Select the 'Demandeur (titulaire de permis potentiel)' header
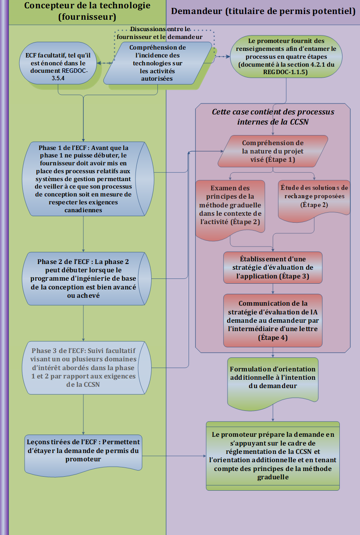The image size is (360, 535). pyautogui.click(x=263, y=11)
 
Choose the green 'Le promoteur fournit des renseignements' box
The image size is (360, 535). pyautogui.click(x=286, y=57)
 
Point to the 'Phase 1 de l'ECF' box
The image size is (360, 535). pyautogui.click(x=83, y=178)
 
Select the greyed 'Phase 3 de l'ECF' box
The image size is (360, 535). pyautogui.click(x=83, y=367)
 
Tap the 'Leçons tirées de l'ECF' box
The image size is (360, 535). pyautogui.click(x=83, y=452)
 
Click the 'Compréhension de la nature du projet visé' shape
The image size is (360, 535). pyautogui.click(x=273, y=151)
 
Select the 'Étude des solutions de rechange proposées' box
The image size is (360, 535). pyautogui.click(x=314, y=196)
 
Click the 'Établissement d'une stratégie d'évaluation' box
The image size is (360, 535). pyautogui.click(x=273, y=267)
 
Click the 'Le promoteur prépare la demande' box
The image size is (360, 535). pyautogui.click(x=273, y=456)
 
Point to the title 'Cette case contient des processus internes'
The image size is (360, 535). pyautogui.click(x=273, y=117)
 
